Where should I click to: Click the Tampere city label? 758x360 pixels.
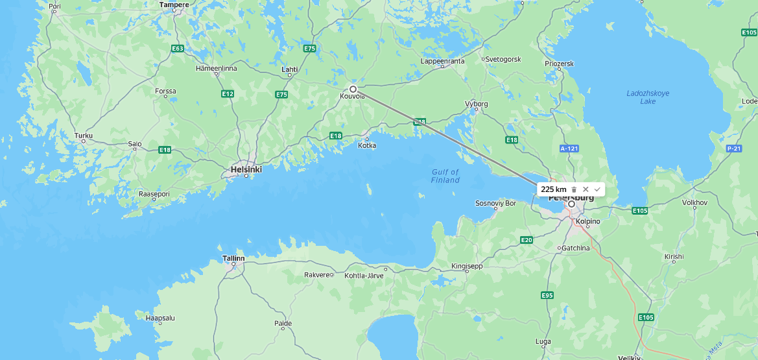pyautogui.click(x=174, y=5)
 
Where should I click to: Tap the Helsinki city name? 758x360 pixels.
pyautogui.click(x=246, y=169)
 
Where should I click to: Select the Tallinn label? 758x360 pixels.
pyautogui.click(x=233, y=258)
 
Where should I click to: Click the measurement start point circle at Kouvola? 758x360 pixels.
pyautogui.click(x=353, y=89)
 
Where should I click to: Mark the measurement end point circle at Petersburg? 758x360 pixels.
pyautogui.click(x=571, y=204)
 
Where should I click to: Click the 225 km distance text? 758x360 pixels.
pyautogui.click(x=554, y=189)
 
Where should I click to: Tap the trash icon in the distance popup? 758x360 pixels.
pyautogui.click(x=574, y=189)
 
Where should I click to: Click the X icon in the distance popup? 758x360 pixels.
pyautogui.click(x=586, y=189)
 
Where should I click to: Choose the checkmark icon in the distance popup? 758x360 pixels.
pyautogui.click(x=597, y=189)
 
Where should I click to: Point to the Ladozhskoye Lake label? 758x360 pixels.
pyautogui.click(x=647, y=97)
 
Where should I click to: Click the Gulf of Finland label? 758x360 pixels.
pyautogui.click(x=445, y=176)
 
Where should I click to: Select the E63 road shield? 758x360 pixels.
pyautogui.click(x=178, y=49)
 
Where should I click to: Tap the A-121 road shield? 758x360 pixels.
pyautogui.click(x=568, y=149)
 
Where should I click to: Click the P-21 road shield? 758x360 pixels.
pyautogui.click(x=733, y=149)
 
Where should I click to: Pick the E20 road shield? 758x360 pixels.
pyautogui.click(x=527, y=240)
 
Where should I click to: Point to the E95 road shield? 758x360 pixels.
pyautogui.click(x=547, y=295)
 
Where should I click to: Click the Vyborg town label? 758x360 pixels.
pyautogui.click(x=476, y=104)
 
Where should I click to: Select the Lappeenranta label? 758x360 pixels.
pyautogui.click(x=442, y=61)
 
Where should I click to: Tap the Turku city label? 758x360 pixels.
pyautogui.click(x=84, y=136)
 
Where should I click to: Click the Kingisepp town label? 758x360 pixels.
pyautogui.click(x=468, y=266)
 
